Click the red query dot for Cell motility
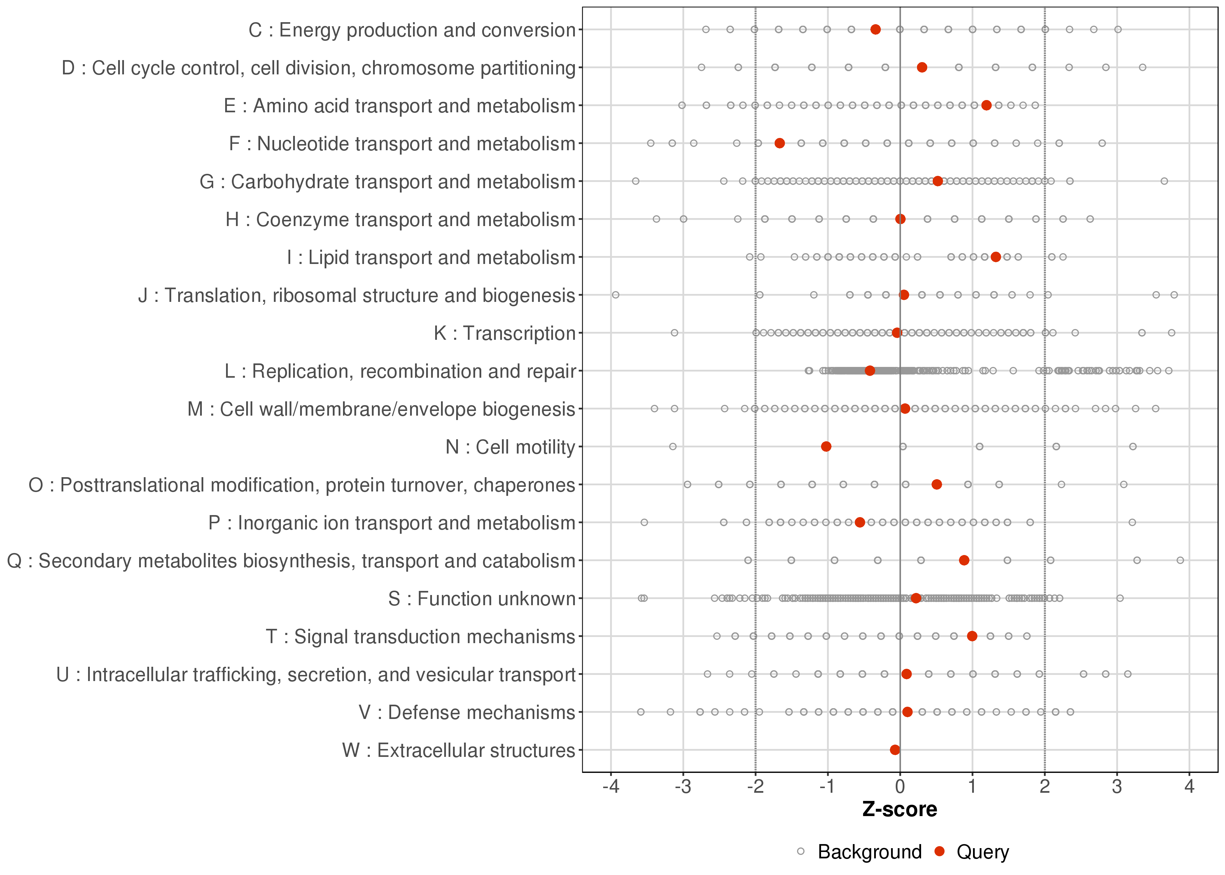tap(826, 447)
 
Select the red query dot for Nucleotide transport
tap(780, 143)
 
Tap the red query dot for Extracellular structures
tap(895, 750)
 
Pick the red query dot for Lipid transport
tap(995, 257)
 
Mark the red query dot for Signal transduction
tap(972, 636)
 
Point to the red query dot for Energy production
tap(875, 30)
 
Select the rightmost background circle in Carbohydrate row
tap(1164, 181)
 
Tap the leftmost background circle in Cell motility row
tap(672, 447)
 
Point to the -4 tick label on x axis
tap(611, 787)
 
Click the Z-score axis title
tap(900, 810)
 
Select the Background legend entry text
tap(869, 852)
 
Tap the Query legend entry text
tap(983, 852)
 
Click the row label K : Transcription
tap(505, 333)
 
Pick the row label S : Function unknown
tap(482, 598)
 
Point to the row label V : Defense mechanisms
tap(467, 712)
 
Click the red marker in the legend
tap(940, 851)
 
